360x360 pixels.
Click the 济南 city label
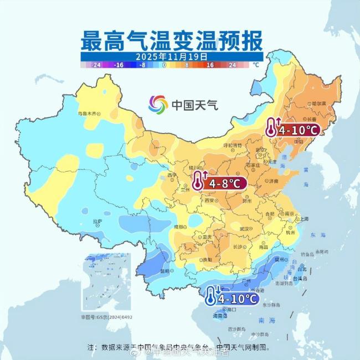click(273, 181)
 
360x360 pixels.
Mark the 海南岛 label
click(220, 316)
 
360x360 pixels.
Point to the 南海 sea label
click(265, 320)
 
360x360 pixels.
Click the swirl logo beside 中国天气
click(158, 104)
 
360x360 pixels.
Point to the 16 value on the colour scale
click(210, 65)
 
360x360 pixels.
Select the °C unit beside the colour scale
click(255, 65)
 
